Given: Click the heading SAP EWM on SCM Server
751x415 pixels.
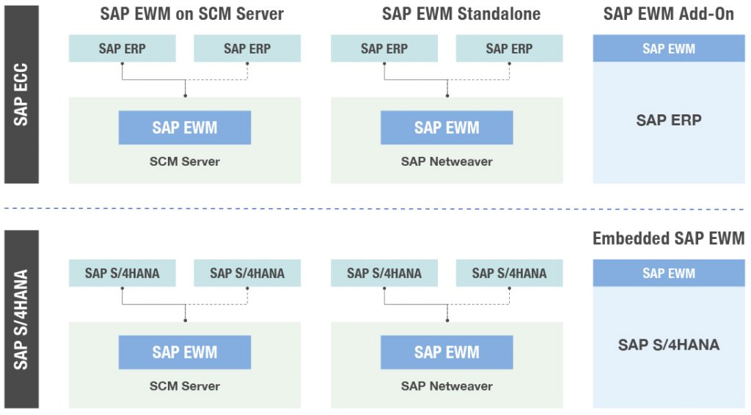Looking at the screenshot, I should point(191,14).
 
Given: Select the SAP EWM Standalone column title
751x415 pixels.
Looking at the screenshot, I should point(461,14).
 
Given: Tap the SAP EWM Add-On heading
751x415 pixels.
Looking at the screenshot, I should point(668,14).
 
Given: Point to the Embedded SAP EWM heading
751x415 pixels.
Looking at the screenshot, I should point(668,238).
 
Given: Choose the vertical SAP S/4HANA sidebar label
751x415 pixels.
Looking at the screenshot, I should point(21,320).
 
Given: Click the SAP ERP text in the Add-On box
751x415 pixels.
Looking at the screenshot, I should point(668,120).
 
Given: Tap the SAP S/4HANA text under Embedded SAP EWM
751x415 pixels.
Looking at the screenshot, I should point(668,345).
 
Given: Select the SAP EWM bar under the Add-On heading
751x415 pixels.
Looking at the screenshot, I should point(668,48).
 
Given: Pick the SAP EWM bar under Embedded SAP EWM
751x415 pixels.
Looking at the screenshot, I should point(668,273).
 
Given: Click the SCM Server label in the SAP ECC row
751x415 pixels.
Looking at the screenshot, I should point(185,161).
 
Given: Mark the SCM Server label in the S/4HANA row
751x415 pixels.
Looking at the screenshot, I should point(185,386).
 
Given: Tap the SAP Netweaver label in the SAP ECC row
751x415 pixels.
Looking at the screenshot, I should point(447,161).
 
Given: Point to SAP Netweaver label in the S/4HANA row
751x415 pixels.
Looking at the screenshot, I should point(447,386).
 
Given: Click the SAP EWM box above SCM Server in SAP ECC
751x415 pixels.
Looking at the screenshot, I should point(185,128).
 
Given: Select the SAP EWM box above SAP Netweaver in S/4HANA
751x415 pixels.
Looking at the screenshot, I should point(447,352).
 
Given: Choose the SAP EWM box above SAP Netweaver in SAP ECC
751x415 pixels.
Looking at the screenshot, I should point(447,128).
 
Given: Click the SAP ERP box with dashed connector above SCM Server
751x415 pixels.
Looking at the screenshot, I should point(247,49).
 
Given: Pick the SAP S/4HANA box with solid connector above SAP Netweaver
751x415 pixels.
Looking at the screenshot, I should point(384,273).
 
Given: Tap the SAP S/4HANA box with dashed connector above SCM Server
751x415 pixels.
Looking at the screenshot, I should point(247,273).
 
